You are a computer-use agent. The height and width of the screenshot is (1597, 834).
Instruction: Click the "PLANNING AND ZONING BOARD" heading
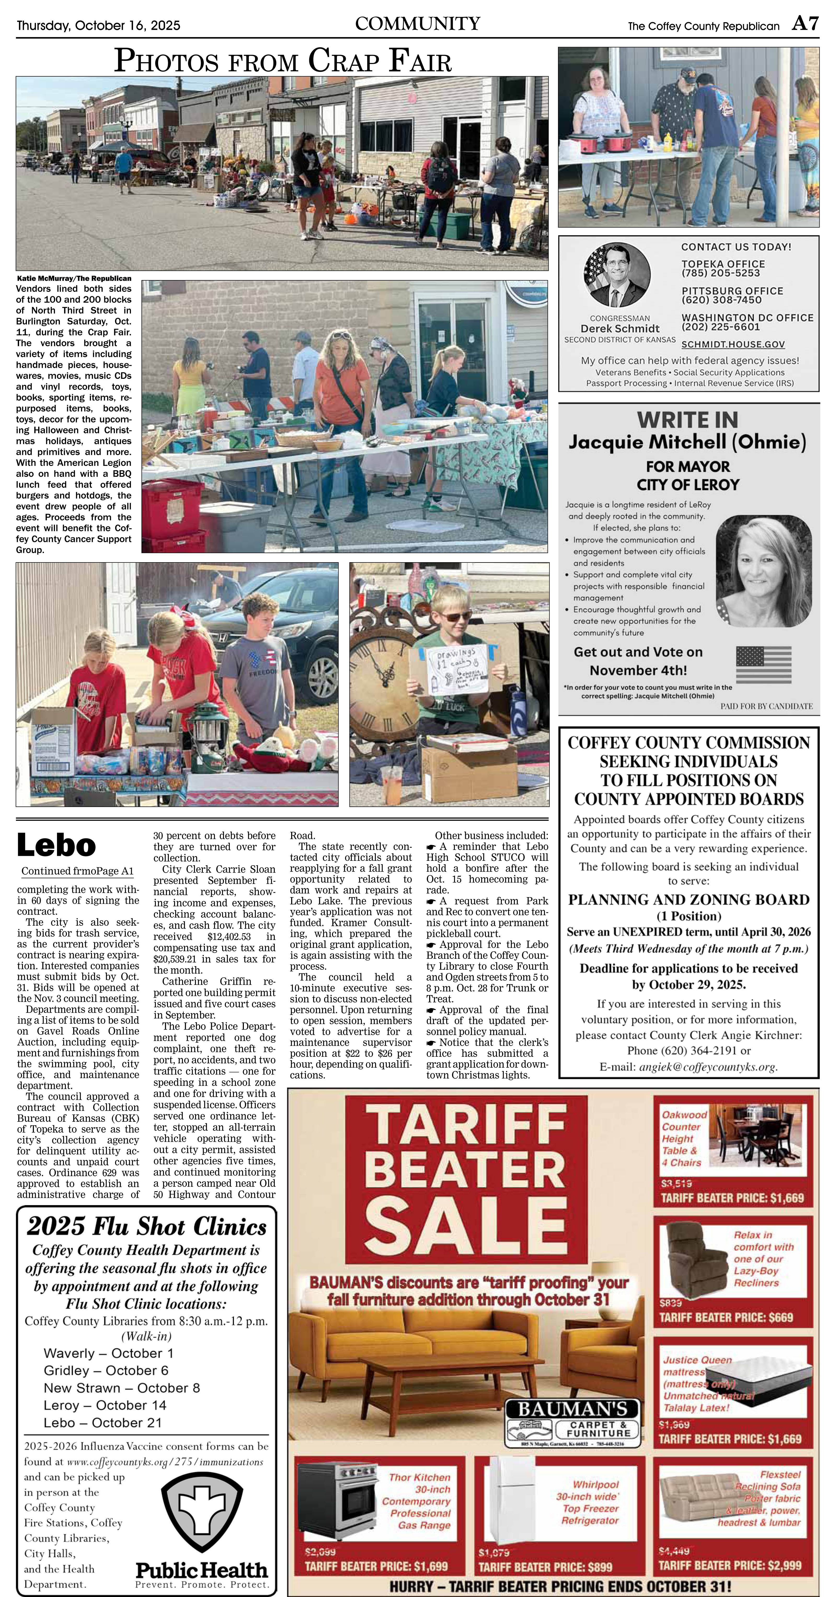pos(688,899)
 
